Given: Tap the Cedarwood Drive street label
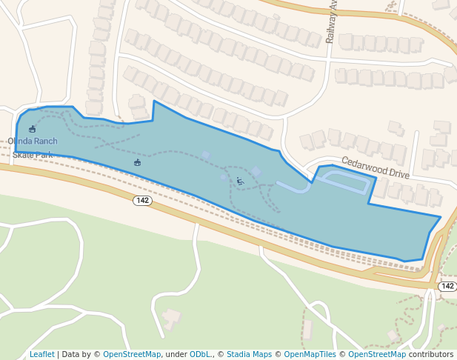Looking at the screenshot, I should tap(375, 167).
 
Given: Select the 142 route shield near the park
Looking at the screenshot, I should tap(142, 201).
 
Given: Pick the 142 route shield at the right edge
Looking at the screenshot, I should tap(447, 286).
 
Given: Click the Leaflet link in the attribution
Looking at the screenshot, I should tap(41, 355).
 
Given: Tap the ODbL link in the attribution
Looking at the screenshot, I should tap(200, 355).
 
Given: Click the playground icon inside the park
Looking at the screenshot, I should tap(239, 181).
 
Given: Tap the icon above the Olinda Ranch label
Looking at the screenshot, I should tap(32, 129).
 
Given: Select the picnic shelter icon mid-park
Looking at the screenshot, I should tap(137, 162).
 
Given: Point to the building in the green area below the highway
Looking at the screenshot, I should tap(171, 319).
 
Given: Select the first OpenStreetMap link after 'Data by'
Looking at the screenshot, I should tap(132, 355).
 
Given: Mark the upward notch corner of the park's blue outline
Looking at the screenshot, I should tap(153, 101).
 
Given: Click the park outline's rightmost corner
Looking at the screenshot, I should tap(441, 217).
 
